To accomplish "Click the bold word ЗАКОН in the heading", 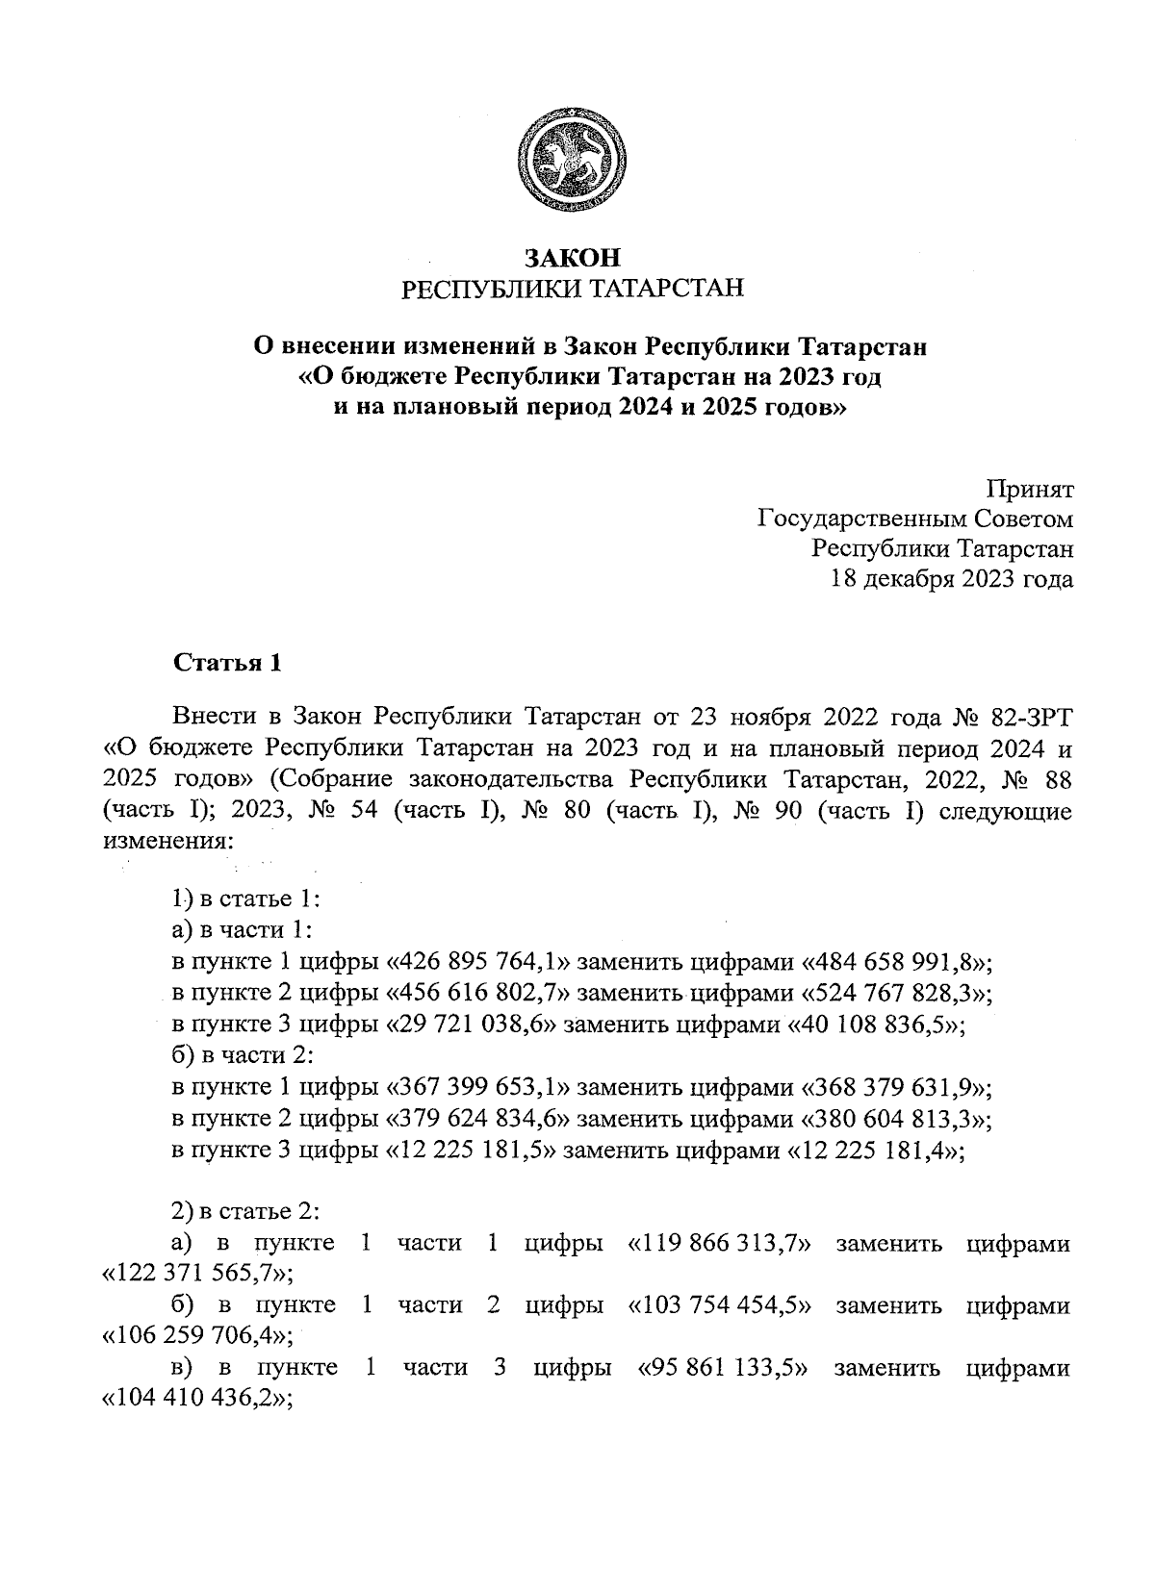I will [572, 258].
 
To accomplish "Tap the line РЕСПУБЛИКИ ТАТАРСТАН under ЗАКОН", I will [572, 288].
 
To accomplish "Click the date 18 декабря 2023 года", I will [951, 579].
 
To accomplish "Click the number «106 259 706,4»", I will [197, 1335].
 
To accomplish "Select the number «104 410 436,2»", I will [197, 1398].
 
